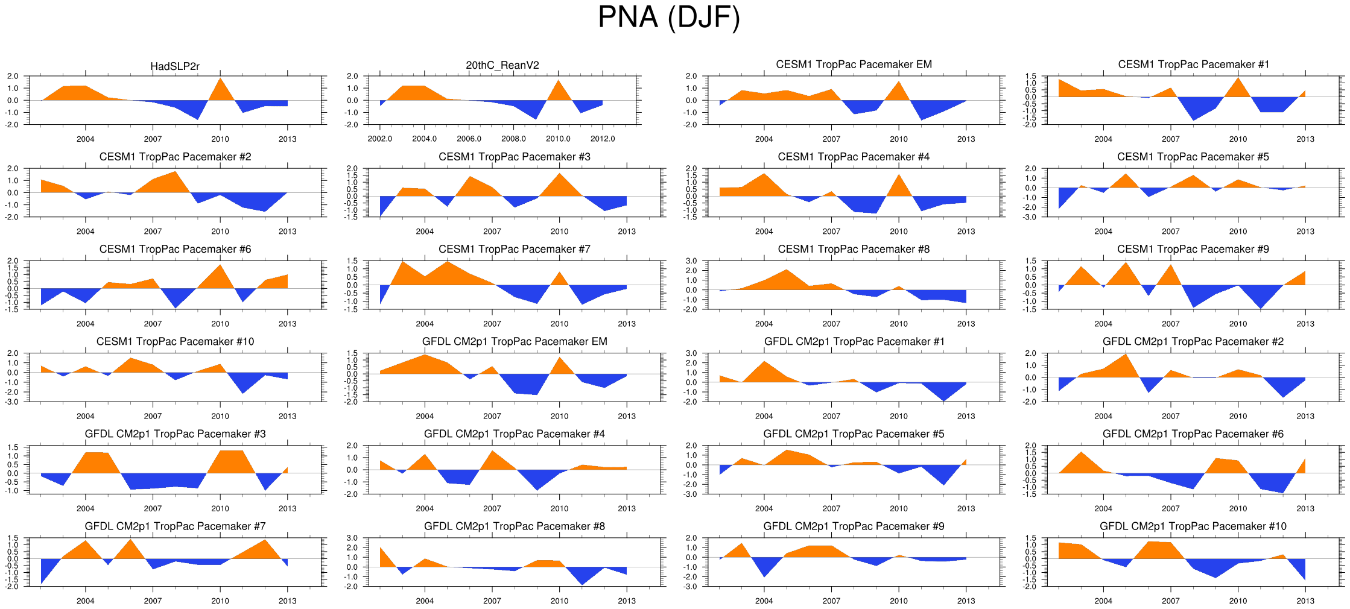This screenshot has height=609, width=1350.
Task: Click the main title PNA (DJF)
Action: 668,17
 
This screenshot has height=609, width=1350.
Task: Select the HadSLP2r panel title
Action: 175,66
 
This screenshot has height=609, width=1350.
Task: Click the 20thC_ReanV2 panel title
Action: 502,65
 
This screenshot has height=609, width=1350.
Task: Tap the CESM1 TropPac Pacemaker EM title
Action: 854,65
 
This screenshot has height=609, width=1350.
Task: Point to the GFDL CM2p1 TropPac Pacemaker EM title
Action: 515,342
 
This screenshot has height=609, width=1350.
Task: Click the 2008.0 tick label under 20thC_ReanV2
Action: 513,139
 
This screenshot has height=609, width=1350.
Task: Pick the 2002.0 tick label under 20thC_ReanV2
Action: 379,139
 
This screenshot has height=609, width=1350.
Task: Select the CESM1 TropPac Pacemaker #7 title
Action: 515,249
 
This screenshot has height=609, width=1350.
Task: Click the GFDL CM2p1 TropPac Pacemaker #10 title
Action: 1193,526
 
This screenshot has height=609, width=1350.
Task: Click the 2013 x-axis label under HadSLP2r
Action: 287,139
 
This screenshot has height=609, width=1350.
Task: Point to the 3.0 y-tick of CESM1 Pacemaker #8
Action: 691,261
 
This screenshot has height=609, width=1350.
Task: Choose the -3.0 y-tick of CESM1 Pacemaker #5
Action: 1030,217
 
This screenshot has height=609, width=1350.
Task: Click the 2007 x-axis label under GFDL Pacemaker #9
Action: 831,601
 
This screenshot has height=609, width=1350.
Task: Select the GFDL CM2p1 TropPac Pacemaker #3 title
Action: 175,434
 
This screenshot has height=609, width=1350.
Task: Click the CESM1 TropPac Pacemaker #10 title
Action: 175,342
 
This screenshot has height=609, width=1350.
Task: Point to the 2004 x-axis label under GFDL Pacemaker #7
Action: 85,601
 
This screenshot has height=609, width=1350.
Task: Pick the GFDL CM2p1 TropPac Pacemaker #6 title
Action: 1193,434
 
